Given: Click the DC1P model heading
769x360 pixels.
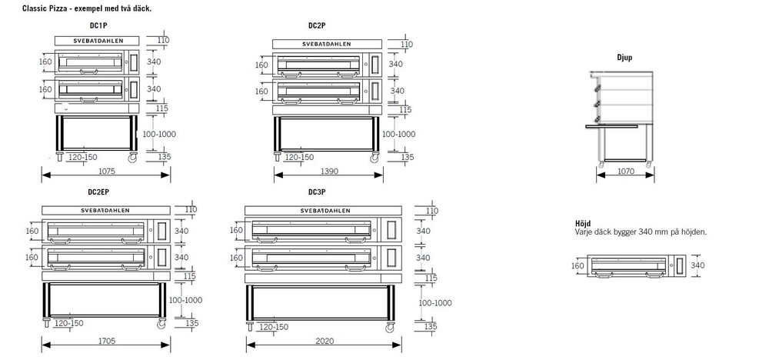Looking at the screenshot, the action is (99, 25).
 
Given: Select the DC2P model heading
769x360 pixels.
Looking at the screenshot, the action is (316, 25).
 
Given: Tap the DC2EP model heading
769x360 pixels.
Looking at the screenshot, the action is (98, 192).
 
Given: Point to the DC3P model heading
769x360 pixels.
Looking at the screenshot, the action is (316, 192).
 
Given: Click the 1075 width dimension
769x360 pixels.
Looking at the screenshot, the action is (106, 172).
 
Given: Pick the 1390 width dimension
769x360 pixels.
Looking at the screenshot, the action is (329, 172).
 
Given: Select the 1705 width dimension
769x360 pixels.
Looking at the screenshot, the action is (106, 341).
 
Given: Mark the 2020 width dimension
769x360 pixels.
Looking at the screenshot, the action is (325, 341).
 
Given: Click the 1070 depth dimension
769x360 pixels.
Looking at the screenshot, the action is (626, 172).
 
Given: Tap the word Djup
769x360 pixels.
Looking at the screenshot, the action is (624, 58).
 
